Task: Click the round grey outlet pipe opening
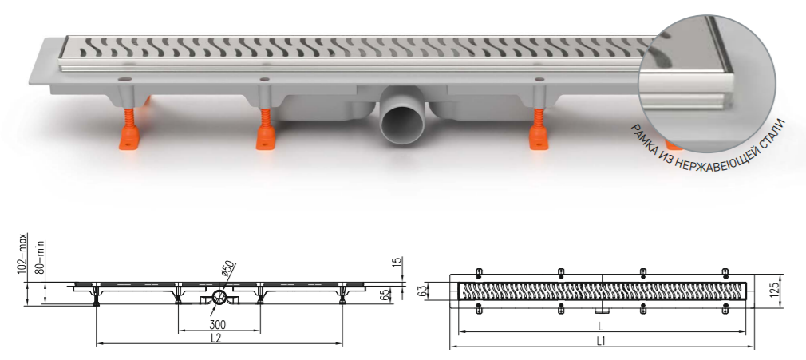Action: click(x=404, y=123)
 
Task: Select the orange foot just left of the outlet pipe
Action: click(x=266, y=129)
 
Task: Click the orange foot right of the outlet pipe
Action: click(x=539, y=129)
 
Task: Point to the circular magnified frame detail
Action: click(x=707, y=84)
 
